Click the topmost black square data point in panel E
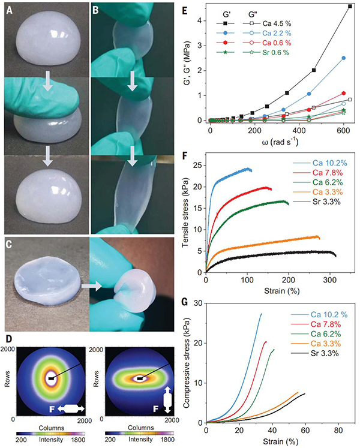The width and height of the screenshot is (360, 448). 350,6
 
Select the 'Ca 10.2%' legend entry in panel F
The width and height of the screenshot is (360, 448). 314,163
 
